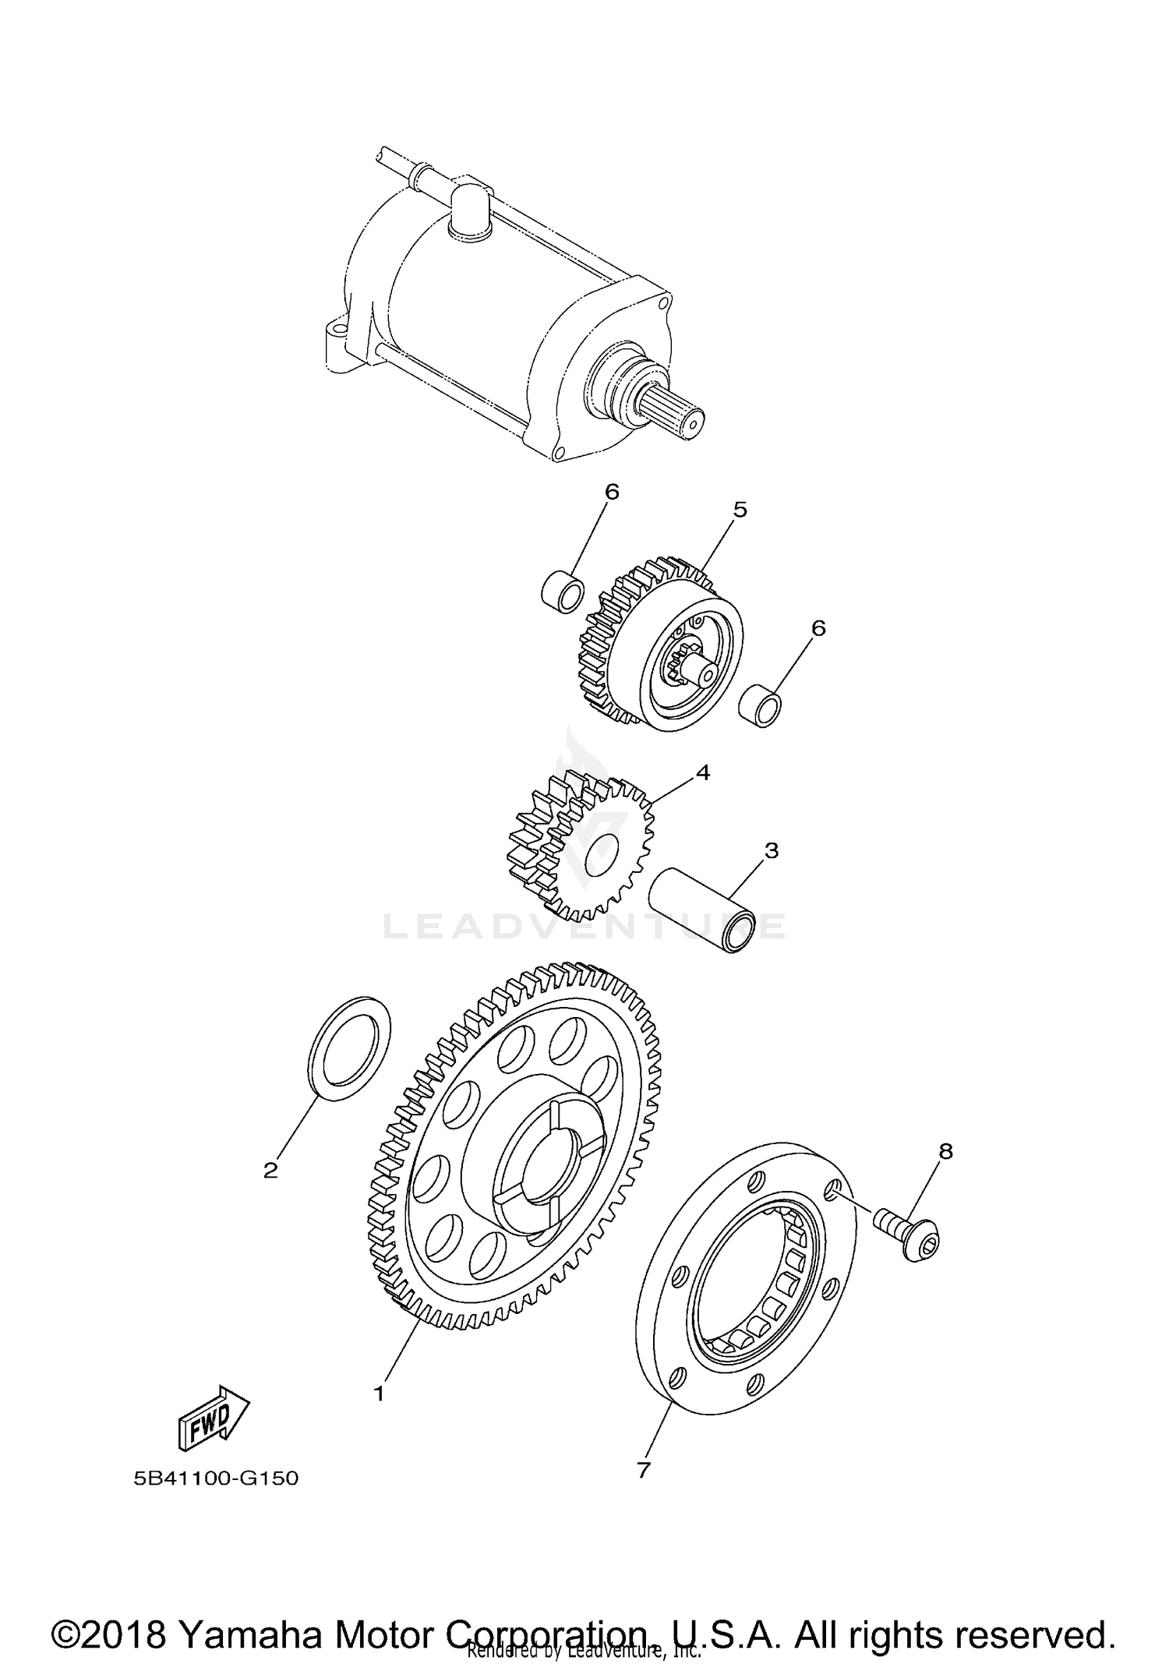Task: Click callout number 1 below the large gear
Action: point(380,1394)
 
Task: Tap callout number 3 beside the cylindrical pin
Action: point(771,850)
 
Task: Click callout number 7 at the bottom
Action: point(643,1470)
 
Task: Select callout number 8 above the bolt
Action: point(945,1151)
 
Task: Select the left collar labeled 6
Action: point(563,591)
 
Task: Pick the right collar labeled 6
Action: point(760,704)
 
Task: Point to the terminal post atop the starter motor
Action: point(471,207)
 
